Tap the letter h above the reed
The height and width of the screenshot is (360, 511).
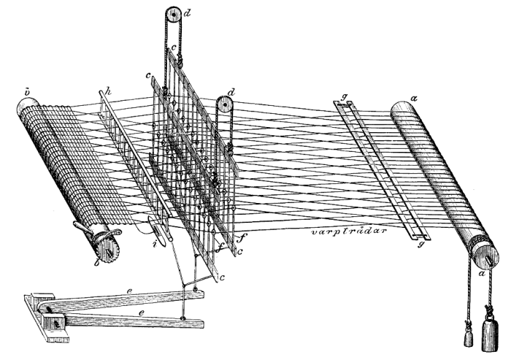pos(107,92)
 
